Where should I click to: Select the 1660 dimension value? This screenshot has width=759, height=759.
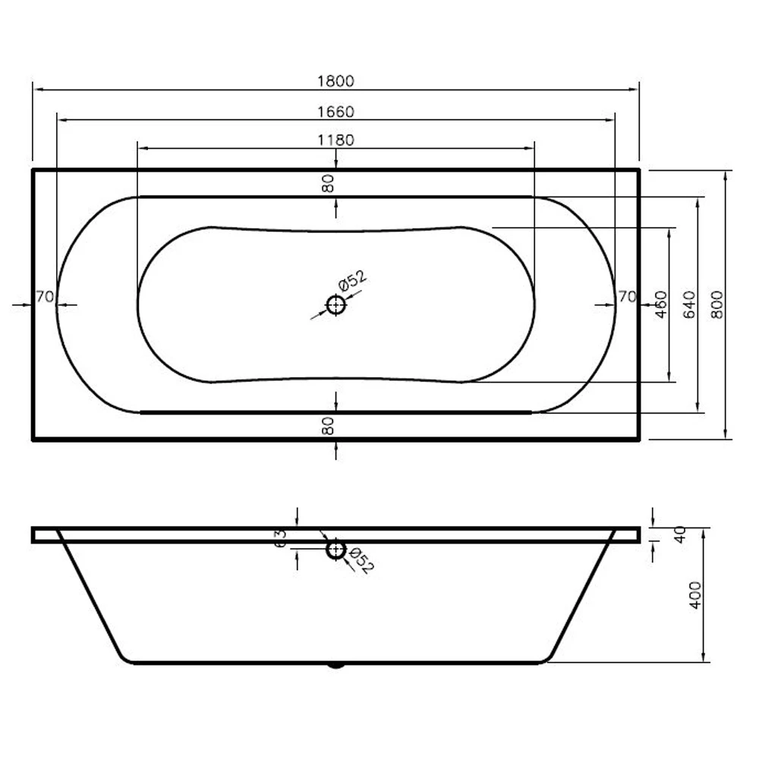click(336, 112)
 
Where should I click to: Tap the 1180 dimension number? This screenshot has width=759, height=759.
click(336, 140)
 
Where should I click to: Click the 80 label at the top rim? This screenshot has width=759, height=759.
click(328, 183)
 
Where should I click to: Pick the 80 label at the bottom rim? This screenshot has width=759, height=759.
click(328, 427)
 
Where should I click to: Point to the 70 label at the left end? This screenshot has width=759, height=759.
click(44, 297)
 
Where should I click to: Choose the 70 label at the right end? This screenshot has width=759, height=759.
click(626, 297)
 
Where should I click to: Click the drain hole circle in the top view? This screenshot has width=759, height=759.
click(335, 305)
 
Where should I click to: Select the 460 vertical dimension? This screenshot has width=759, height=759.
click(660, 304)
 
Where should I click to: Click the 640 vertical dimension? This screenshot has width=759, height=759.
click(689, 304)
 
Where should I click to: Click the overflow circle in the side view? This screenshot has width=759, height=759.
click(335, 549)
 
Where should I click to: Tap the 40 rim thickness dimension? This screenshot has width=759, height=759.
click(681, 534)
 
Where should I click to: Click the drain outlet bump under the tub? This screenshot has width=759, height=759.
click(335, 666)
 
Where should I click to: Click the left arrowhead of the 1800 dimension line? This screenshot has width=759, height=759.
click(36, 90)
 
